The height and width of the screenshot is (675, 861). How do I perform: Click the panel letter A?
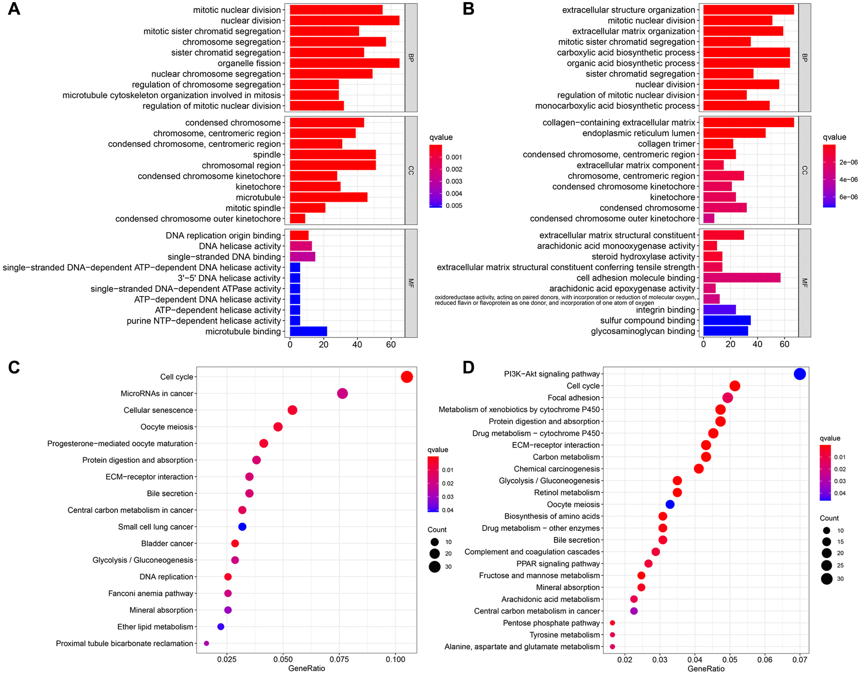pyautogui.click(x=14, y=9)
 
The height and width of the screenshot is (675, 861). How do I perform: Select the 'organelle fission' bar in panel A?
pyautogui.click(x=344, y=63)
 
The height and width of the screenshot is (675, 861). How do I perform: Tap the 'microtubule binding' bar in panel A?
pyautogui.click(x=308, y=331)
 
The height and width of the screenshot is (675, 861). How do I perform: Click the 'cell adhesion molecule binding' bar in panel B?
pyautogui.click(x=742, y=278)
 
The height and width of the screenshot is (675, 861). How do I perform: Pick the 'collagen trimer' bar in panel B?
pyautogui.click(x=718, y=144)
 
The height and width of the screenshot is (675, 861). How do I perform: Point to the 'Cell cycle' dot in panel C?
pyautogui.click(x=407, y=377)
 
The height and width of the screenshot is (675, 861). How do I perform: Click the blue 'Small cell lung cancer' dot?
pyautogui.click(x=242, y=527)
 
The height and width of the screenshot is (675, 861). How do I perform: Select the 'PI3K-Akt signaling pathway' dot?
pyautogui.click(x=800, y=374)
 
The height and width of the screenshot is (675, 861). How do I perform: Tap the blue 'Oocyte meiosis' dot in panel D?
pyautogui.click(x=670, y=504)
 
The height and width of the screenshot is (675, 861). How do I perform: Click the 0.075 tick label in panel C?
pyautogui.click(x=339, y=659)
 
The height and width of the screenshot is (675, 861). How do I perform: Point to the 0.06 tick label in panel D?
pyautogui.click(x=765, y=659)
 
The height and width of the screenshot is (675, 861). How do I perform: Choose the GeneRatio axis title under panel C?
pyautogui.click(x=307, y=668)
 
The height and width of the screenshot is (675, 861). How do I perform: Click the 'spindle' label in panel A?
pyautogui.click(x=267, y=155)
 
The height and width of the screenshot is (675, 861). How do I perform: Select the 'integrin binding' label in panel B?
pyautogui.click(x=665, y=310)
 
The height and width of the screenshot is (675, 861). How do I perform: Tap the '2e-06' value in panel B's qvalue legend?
pyautogui.click(x=848, y=162)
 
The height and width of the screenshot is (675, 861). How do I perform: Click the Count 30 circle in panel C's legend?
pyautogui.click(x=435, y=567)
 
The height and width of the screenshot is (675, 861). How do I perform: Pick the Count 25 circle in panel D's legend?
pyautogui.click(x=827, y=565)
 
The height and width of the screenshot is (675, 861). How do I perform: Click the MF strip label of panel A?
pyautogui.click(x=411, y=283)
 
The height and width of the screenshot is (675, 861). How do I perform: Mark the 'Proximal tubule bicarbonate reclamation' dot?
pyautogui.click(x=206, y=643)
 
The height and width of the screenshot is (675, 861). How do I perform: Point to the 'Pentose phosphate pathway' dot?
pyautogui.click(x=612, y=623)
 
